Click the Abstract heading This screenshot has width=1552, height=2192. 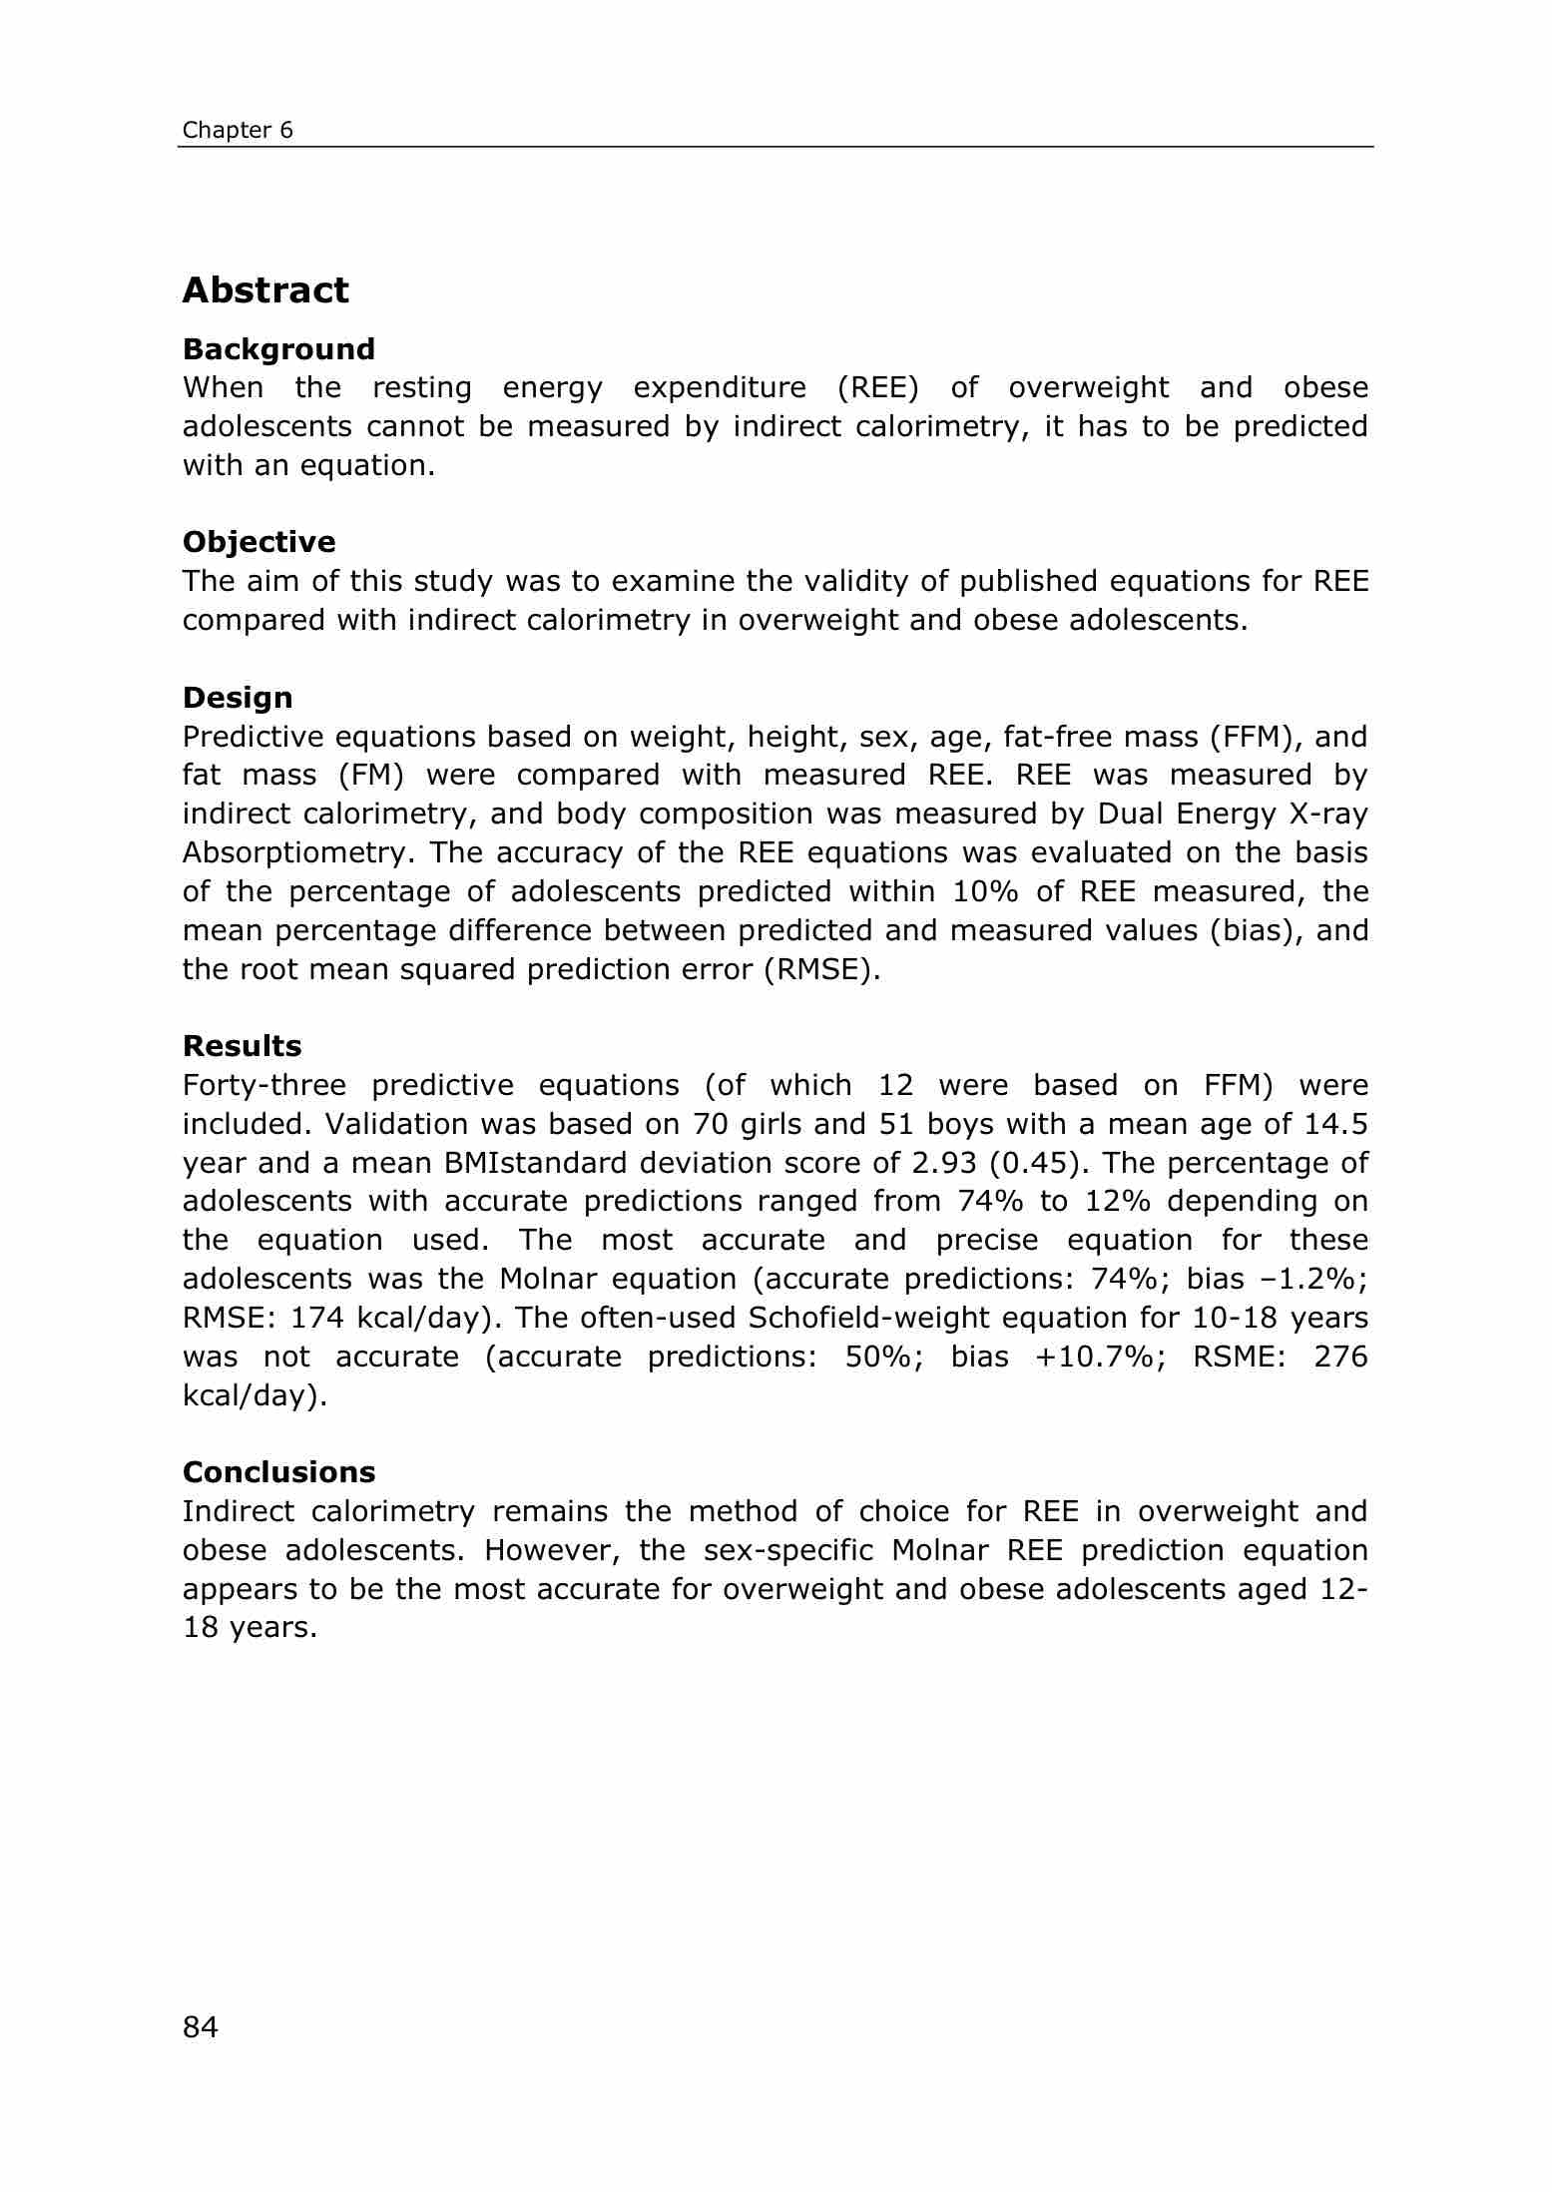265,290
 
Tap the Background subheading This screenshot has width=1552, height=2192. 278,349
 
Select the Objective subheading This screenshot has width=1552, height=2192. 259,542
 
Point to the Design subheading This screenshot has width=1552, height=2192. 238,698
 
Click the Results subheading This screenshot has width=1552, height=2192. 242,1046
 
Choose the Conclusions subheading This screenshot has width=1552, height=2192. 278,1472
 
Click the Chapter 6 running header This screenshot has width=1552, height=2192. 238,131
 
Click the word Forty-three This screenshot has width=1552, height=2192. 262,1085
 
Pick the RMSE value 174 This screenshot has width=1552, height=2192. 316,1319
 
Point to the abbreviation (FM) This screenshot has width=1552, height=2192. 367,776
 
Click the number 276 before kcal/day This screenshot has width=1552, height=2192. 1340,1358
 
